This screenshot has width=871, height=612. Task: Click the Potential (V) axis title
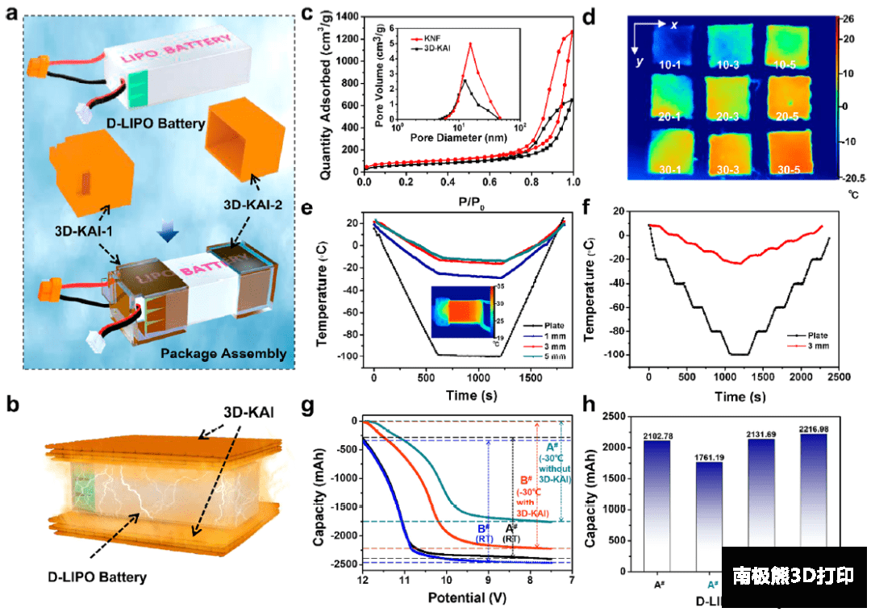click(x=467, y=599)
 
